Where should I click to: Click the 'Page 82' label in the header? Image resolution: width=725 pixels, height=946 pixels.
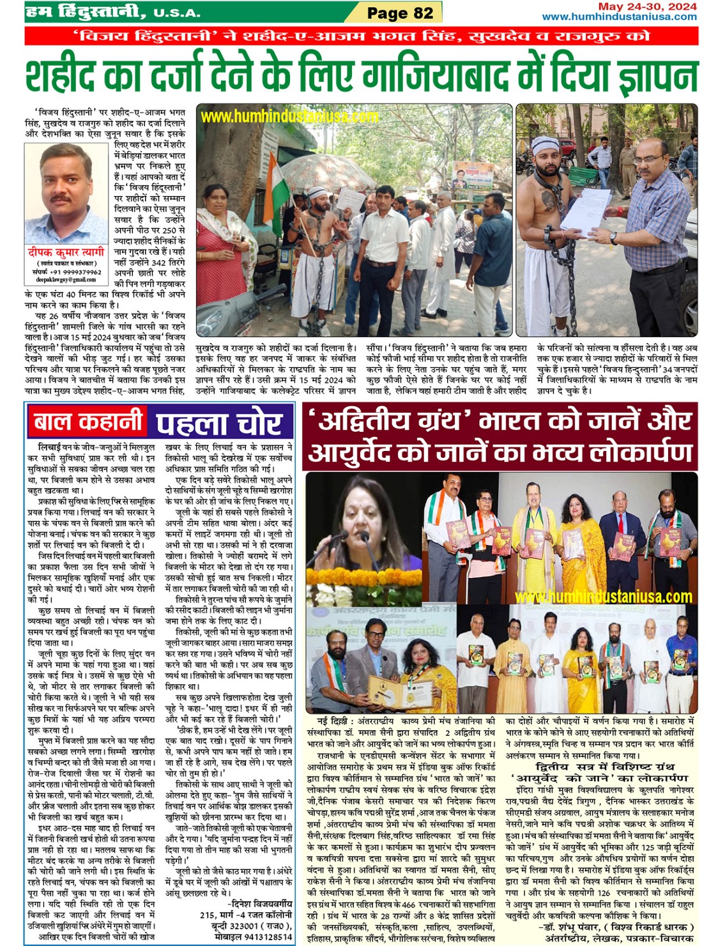(x=400, y=13)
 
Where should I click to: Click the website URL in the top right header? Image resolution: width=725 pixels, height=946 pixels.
(x=619, y=17)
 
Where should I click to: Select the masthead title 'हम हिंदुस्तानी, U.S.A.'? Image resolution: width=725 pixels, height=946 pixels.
(x=112, y=12)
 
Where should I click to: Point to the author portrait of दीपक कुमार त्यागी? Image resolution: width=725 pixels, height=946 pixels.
(x=66, y=194)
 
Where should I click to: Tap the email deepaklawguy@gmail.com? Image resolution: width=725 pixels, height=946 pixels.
(x=66, y=279)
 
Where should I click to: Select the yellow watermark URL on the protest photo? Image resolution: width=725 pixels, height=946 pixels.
(x=289, y=116)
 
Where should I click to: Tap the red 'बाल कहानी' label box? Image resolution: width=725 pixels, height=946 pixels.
(x=88, y=422)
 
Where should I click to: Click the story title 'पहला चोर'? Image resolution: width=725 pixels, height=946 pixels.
(x=218, y=423)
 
